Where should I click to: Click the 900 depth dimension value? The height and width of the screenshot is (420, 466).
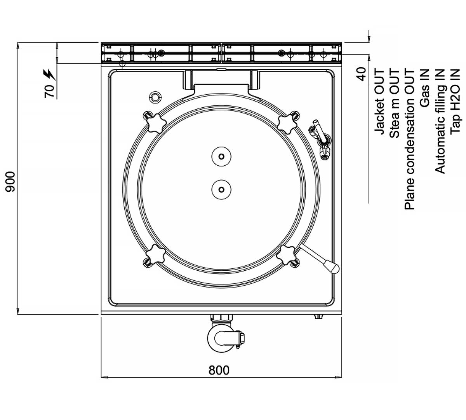[x=10, y=182]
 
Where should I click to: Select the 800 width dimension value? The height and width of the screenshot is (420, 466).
[x=219, y=370]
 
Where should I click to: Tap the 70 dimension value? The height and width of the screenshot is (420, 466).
[x=49, y=91]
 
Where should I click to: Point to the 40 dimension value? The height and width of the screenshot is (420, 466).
[x=361, y=74]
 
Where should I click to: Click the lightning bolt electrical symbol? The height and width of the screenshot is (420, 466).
[x=49, y=74]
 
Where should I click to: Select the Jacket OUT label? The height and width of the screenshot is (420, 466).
[x=379, y=101]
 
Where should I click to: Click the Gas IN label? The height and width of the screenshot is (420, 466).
[x=425, y=88]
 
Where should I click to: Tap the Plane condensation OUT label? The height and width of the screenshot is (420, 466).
[x=410, y=139]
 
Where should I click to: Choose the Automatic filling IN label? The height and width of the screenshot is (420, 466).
[x=440, y=121]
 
